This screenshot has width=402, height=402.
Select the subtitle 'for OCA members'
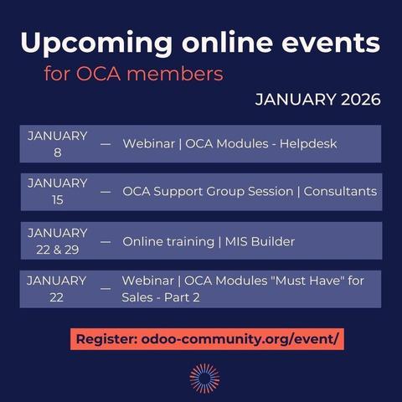[134, 74]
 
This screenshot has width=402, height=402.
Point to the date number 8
[57, 152]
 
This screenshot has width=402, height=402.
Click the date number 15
[57, 200]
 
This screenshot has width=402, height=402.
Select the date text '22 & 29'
[57, 249]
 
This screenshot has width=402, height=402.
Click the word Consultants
[340, 192]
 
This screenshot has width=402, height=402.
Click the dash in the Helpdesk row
[106, 144]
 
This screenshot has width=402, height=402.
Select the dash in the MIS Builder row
[106, 242]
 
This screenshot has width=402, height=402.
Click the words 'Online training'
[168, 242]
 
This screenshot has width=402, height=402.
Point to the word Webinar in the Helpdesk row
[149, 144]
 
